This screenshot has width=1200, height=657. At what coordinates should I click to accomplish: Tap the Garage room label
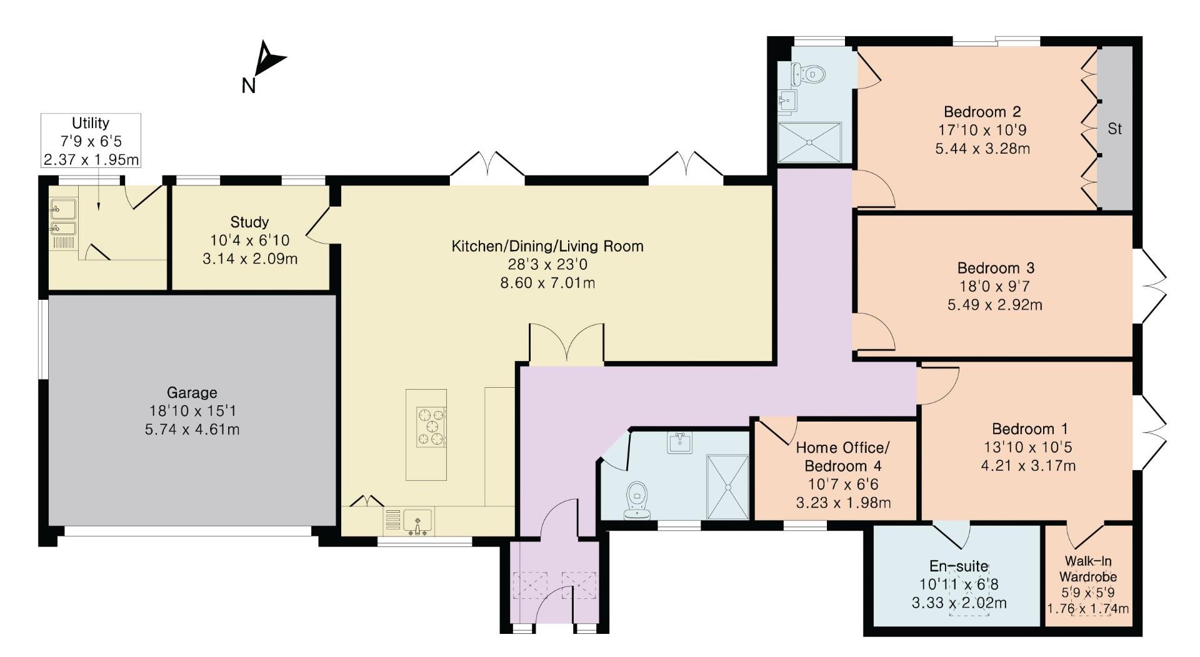[x=192, y=393]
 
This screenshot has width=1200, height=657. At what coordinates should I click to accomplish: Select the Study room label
[x=249, y=222]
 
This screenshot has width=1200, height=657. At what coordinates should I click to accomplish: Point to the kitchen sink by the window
[x=417, y=520]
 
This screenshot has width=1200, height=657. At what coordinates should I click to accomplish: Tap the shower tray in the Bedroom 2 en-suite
[x=810, y=142]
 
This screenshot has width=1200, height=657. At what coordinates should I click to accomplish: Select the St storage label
[x=1114, y=129]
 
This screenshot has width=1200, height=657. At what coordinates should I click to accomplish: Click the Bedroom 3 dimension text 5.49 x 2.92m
[x=995, y=305]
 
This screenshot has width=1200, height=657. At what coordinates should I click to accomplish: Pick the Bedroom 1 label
[x=1029, y=429]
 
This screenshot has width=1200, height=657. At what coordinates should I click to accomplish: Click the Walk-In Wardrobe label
[x=1088, y=569]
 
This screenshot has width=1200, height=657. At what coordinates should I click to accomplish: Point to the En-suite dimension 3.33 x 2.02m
[x=959, y=603]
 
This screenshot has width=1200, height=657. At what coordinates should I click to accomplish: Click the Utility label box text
[x=91, y=123]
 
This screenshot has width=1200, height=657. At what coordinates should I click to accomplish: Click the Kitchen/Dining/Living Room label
[x=547, y=246]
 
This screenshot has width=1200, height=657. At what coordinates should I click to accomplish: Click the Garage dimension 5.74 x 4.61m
[x=192, y=430]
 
